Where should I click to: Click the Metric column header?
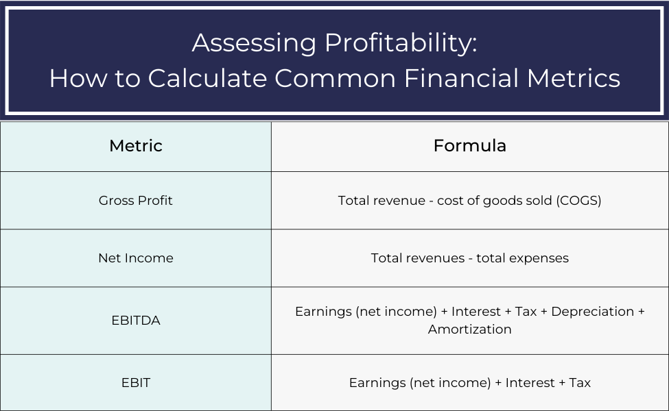tap(136, 146)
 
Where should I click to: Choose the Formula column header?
tap(470, 146)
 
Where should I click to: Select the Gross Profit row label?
tap(136, 201)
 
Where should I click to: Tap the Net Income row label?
tap(136, 258)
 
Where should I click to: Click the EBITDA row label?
tap(136, 320)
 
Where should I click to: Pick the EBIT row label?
tap(136, 382)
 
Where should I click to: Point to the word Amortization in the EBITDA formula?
tap(470, 329)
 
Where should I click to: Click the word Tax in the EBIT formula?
tap(580, 383)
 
